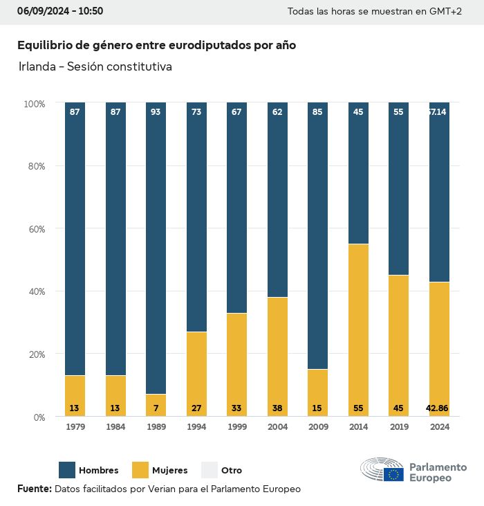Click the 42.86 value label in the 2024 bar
pyautogui.click(x=438, y=408)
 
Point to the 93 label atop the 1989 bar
pyautogui.click(x=156, y=111)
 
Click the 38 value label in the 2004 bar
pyautogui.click(x=277, y=408)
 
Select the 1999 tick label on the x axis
pyautogui.click(x=236, y=427)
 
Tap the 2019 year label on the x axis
pyautogui.click(x=398, y=427)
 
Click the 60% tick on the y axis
pyautogui.click(x=35, y=229)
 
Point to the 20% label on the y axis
pyautogui.click(x=35, y=354)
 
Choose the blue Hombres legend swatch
pyautogui.click(x=67, y=470)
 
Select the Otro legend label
pyautogui.click(x=232, y=471)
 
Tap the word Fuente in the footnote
pyautogui.click(x=34, y=489)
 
